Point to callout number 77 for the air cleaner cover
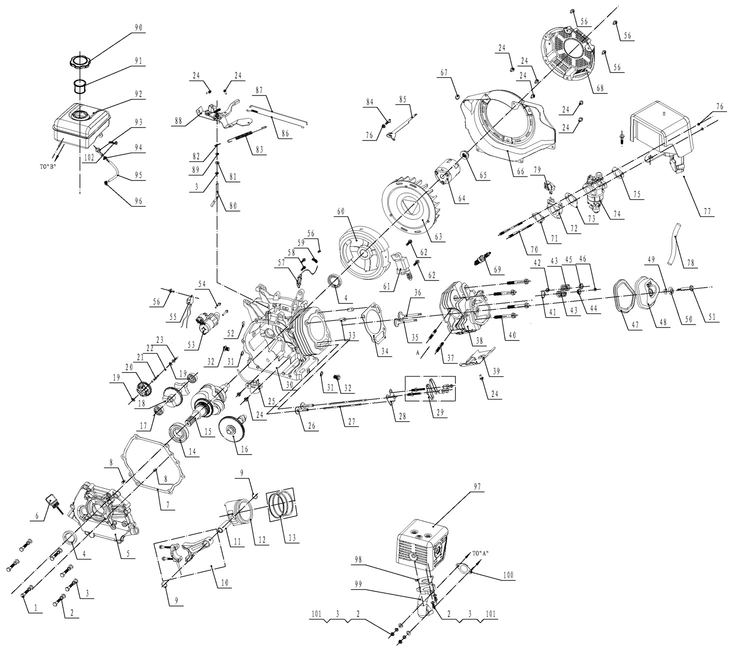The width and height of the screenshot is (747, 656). (x=706, y=212)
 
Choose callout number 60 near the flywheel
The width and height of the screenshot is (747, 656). (x=340, y=212)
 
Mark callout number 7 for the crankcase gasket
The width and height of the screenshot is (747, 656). (x=167, y=506)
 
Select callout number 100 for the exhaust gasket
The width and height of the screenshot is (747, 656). (x=508, y=575)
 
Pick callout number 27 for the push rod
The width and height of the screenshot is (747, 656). (x=351, y=421)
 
